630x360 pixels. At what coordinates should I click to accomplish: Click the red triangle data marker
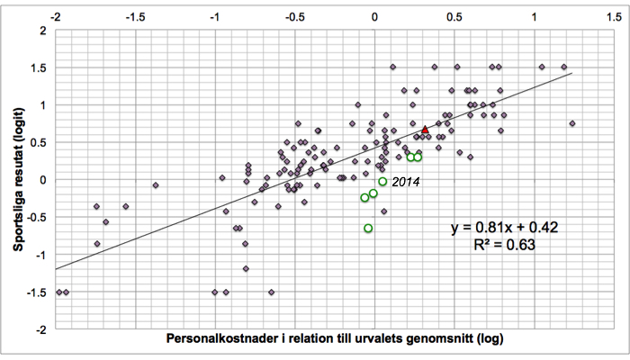(x=425, y=130)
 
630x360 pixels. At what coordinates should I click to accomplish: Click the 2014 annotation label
(x=406, y=182)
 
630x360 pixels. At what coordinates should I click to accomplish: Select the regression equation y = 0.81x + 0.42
(x=505, y=228)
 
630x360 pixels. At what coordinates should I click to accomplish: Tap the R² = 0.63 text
(x=505, y=244)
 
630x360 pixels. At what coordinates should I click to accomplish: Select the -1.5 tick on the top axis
(x=136, y=17)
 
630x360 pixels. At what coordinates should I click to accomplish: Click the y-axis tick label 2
(x=43, y=31)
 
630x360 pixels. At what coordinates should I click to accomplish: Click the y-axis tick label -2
(x=40, y=330)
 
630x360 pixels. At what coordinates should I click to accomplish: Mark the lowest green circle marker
(x=368, y=229)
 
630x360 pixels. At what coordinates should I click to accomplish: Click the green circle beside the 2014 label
(x=382, y=182)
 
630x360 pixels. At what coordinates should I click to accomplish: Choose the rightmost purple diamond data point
(x=572, y=123)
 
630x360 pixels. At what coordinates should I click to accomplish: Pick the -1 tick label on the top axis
(x=215, y=17)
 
